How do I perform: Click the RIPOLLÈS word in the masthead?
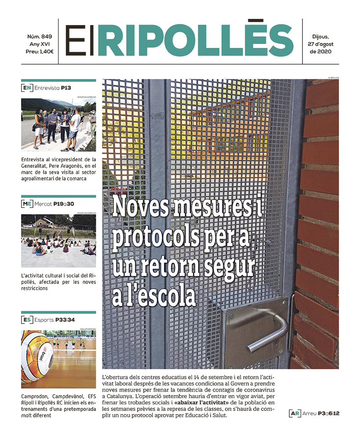click(195, 40)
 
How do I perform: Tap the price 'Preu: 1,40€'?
click(40, 51)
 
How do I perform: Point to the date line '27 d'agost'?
click(320, 44)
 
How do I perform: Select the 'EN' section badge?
click(27, 88)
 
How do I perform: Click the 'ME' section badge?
click(27, 204)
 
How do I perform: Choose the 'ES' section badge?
click(27, 320)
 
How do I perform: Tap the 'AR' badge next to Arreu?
click(295, 413)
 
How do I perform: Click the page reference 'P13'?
click(66, 88)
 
